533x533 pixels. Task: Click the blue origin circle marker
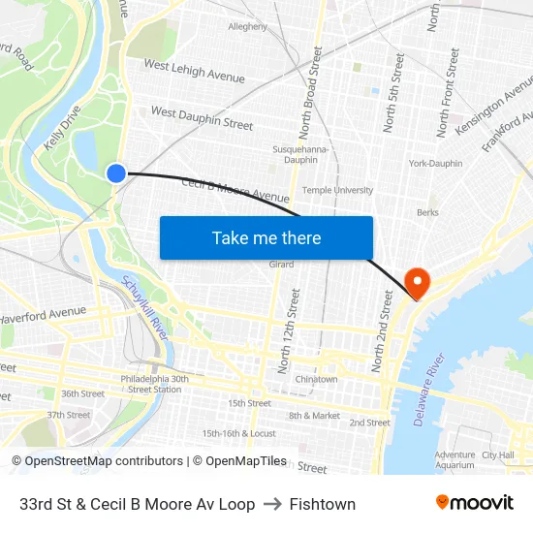115,173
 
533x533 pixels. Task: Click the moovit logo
474,503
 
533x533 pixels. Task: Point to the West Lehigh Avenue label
194,70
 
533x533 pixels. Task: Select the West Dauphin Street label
202,119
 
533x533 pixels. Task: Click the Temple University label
337,190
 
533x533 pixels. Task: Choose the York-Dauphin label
435,163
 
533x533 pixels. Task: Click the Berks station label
427,212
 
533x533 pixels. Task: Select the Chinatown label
316,379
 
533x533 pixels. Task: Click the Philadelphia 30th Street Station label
154,384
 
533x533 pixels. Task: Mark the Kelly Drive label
62,129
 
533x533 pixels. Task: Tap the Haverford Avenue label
43,314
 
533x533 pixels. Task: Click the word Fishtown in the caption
322,504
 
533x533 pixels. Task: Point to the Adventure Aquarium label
455,459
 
